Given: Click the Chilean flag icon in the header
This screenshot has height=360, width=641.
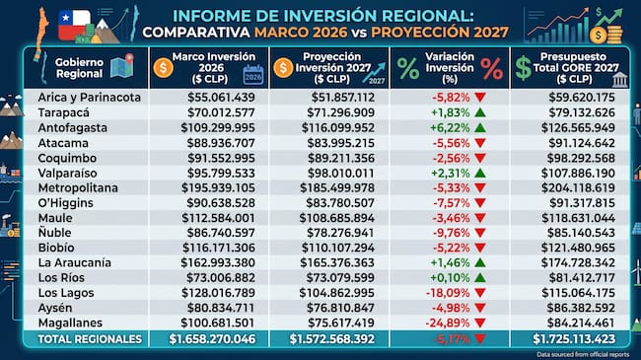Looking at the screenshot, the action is [x=74, y=26].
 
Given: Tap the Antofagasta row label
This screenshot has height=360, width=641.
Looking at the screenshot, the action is [x=73, y=128].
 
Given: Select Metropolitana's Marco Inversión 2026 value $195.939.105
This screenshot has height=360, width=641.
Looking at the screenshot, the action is [x=218, y=188].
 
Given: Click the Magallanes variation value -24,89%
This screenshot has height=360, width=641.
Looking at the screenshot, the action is [x=448, y=324].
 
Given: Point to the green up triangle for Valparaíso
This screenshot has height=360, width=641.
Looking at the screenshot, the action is [x=480, y=173].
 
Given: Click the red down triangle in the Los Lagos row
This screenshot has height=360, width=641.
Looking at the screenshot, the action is [x=480, y=293].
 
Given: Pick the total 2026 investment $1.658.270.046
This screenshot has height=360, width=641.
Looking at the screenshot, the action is [x=212, y=339].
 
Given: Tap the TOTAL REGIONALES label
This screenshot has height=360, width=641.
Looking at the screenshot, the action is [x=90, y=339].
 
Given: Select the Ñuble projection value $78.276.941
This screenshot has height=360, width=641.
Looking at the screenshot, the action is [x=340, y=233].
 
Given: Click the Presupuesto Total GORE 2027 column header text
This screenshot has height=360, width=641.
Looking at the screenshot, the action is [x=576, y=68].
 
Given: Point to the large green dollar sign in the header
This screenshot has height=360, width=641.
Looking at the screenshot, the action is [x=523, y=68].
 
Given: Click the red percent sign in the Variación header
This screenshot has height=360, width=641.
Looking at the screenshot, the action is [x=492, y=69].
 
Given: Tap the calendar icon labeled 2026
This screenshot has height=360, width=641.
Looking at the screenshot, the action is [x=253, y=74].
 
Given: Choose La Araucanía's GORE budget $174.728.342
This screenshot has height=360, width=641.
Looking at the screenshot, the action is [x=578, y=263].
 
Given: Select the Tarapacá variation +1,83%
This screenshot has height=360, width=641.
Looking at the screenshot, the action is [x=450, y=112].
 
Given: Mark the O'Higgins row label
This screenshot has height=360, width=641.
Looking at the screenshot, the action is [x=66, y=203].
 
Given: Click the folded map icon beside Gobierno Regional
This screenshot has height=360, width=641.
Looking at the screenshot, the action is [x=122, y=65].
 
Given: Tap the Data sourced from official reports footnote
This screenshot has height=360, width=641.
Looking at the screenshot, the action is [x=583, y=354].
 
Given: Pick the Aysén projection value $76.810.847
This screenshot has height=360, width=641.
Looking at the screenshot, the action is [x=341, y=308].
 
